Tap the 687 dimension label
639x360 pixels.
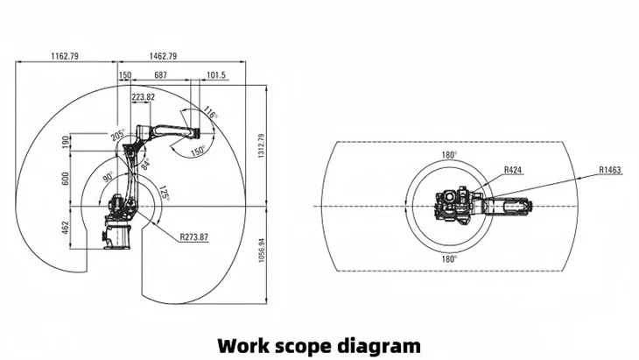coord(160,76)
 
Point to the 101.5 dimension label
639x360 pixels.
coord(217,76)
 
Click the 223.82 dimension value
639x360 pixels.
coord(143,96)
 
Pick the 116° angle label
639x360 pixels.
coord(210,114)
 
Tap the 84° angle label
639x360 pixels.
coord(146,164)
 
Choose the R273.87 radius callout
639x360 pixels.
coord(193,236)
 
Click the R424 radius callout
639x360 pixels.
coord(513,170)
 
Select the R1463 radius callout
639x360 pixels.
coord(609,170)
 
